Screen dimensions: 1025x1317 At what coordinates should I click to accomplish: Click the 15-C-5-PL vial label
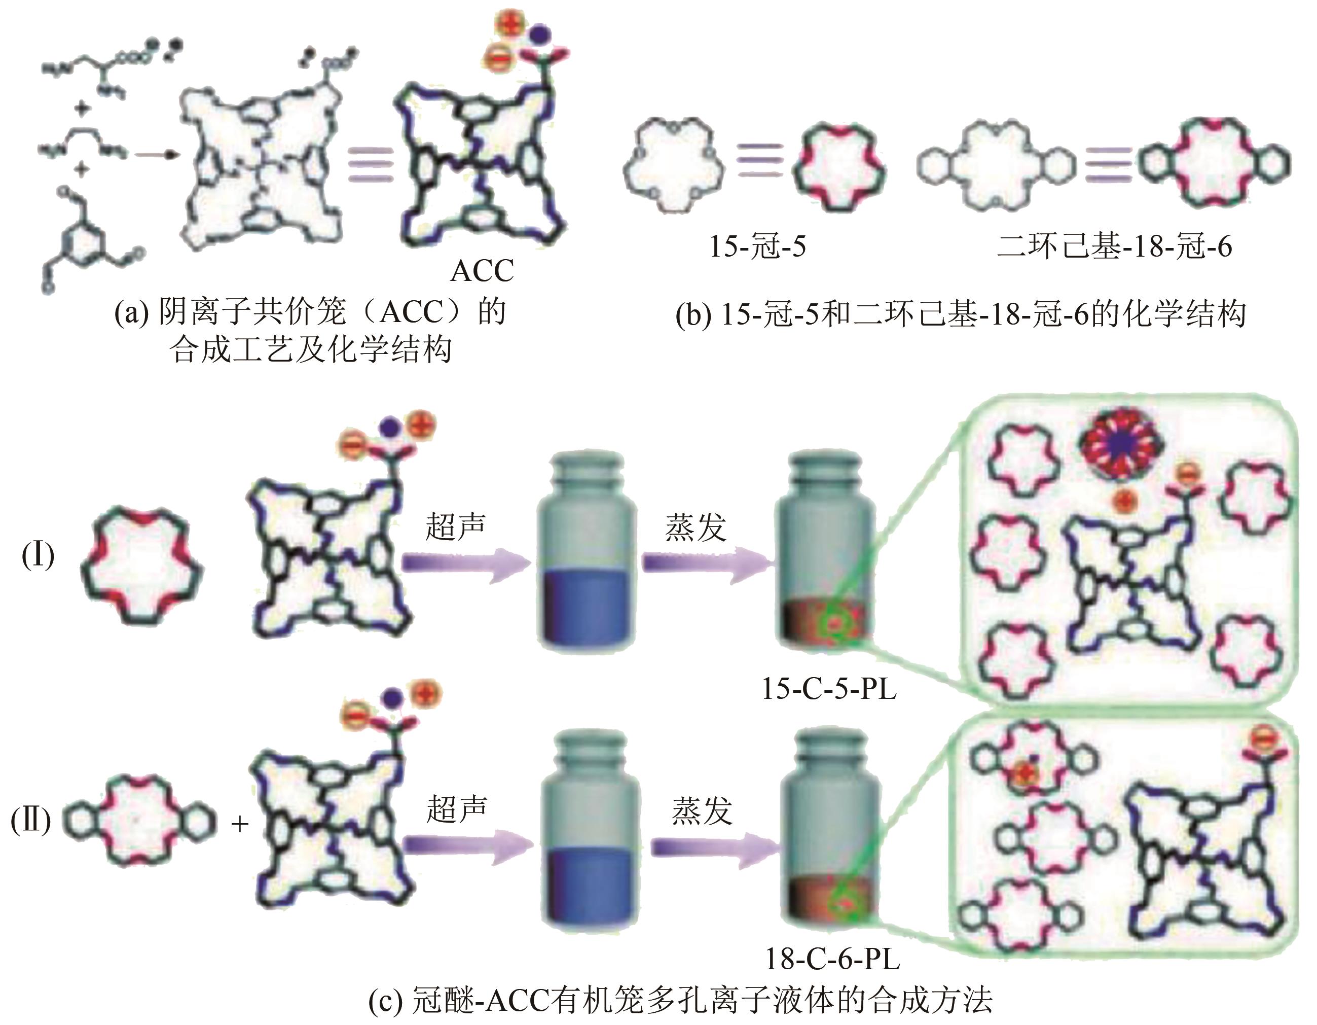point(829,689)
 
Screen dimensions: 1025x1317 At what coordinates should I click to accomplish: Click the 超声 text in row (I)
point(455,526)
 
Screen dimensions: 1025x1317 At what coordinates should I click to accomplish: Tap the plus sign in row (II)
point(240,824)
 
